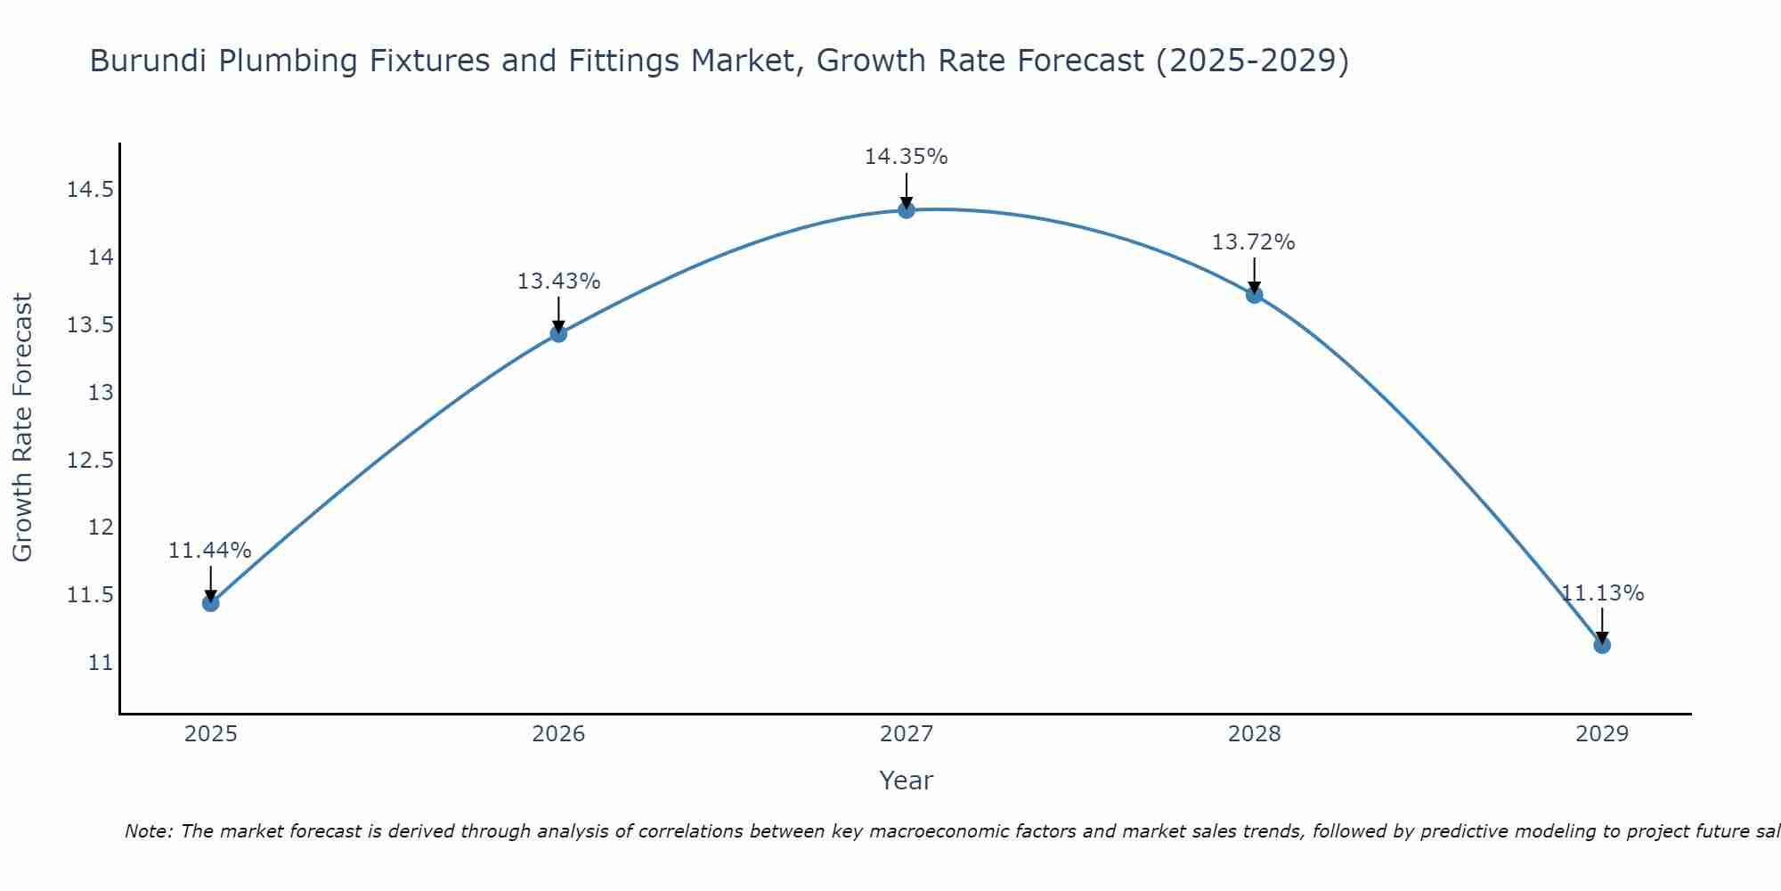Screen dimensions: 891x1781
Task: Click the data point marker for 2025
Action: (x=210, y=603)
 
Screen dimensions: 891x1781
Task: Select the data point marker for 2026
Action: (x=558, y=334)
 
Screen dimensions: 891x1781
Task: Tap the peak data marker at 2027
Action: (x=907, y=210)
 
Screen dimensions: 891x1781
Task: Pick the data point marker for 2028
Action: (x=1254, y=295)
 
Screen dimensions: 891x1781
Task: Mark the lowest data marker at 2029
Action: (x=1602, y=645)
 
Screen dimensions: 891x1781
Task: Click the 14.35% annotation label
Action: (x=906, y=157)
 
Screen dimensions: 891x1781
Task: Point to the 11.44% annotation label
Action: (x=210, y=551)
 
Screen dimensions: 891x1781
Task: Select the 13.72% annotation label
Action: (x=1253, y=242)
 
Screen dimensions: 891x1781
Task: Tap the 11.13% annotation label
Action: (x=1602, y=593)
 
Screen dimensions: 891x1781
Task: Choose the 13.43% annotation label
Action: (x=558, y=282)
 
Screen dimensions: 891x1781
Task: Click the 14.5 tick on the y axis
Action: (x=90, y=190)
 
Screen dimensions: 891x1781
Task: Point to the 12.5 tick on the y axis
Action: (x=90, y=460)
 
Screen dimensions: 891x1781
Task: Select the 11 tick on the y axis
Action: (x=101, y=663)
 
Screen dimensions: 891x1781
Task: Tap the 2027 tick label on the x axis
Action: (x=906, y=734)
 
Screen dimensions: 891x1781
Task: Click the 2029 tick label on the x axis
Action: (x=1601, y=734)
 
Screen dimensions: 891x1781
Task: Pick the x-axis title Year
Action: (x=906, y=781)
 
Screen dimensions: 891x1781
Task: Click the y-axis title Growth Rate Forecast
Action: (x=22, y=428)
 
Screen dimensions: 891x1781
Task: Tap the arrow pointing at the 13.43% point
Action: (x=558, y=315)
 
